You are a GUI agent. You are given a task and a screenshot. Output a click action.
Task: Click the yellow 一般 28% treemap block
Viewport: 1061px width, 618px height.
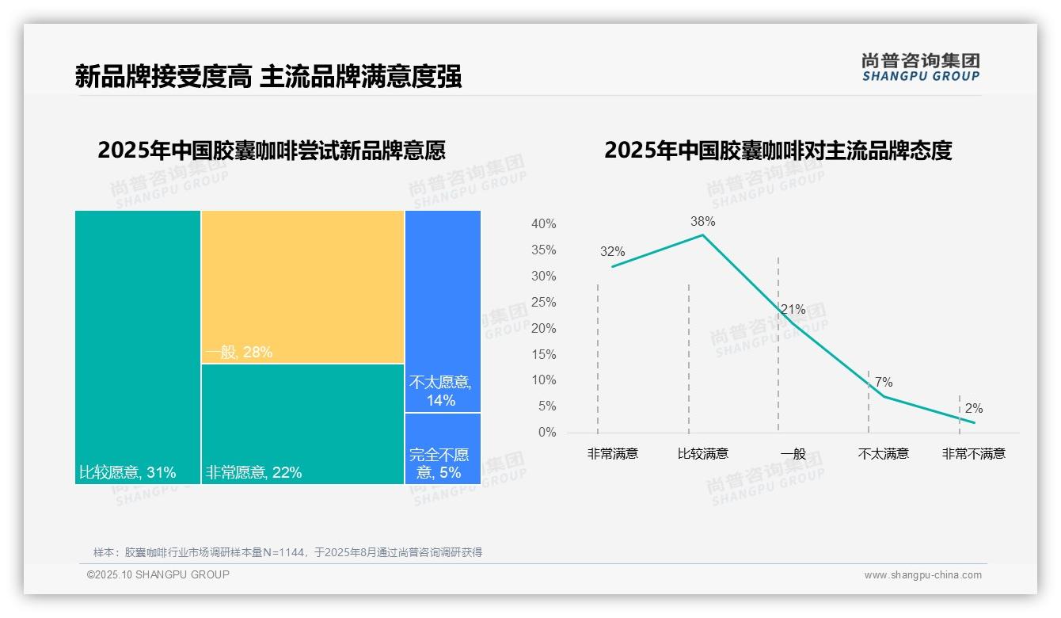[x=302, y=286]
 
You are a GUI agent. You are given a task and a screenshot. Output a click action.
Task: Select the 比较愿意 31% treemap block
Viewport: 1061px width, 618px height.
[x=138, y=346]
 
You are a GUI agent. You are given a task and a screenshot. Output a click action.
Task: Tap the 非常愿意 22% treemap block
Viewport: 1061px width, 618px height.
[x=302, y=423]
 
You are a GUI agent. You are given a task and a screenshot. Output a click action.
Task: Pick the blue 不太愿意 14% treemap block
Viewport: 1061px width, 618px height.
[x=443, y=311]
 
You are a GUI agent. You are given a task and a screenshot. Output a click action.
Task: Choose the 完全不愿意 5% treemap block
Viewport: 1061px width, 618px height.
[x=443, y=448]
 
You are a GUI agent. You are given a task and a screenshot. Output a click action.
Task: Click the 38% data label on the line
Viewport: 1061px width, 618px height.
[x=702, y=221]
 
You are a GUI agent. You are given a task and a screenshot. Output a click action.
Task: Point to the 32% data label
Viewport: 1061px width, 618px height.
[x=612, y=252]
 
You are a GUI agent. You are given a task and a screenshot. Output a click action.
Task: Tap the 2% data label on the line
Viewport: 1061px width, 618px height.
[x=973, y=409]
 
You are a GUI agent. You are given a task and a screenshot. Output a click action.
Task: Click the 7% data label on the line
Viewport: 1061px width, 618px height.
[x=883, y=383]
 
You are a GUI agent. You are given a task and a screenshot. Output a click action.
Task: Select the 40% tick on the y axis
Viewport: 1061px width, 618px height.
[x=543, y=224]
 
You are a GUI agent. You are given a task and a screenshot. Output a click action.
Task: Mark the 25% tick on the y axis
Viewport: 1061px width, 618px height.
[x=543, y=303]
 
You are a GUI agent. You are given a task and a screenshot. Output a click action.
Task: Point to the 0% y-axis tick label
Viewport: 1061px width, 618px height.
[x=547, y=433]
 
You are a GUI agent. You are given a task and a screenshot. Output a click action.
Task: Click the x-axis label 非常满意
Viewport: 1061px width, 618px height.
[x=612, y=454]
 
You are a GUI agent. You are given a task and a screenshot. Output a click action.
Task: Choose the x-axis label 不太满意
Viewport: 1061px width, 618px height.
[x=883, y=454]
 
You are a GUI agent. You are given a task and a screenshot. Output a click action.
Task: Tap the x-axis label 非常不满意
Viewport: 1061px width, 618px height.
[x=973, y=454]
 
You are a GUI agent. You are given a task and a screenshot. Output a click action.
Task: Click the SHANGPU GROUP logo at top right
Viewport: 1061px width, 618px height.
[x=920, y=67]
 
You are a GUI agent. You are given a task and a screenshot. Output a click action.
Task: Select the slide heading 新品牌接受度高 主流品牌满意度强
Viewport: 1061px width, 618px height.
[x=268, y=77]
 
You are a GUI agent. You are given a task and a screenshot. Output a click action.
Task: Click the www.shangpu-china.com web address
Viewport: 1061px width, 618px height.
[x=922, y=575]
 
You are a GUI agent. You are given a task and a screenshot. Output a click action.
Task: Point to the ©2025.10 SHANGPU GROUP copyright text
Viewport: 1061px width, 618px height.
[x=158, y=574]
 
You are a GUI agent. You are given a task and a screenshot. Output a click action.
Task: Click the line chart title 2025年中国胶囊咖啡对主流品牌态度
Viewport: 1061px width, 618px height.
[x=778, y=151]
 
